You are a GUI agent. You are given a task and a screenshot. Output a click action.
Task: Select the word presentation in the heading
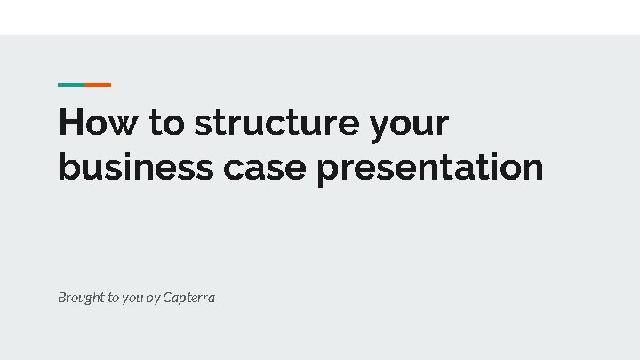[x=429, y=168]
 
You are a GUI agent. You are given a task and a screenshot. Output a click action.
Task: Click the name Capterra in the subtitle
[x=188, y=298]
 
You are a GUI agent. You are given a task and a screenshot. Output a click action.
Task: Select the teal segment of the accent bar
[x=71, y=84]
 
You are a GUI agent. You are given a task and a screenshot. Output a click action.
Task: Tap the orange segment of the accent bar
[x=98, y=84]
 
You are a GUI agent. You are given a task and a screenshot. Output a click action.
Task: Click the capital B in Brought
[x=62, y=298]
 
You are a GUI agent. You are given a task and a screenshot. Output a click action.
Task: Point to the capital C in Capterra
[x=168, y=298]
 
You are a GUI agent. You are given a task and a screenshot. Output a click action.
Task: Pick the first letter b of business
[x=68, y=166]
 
